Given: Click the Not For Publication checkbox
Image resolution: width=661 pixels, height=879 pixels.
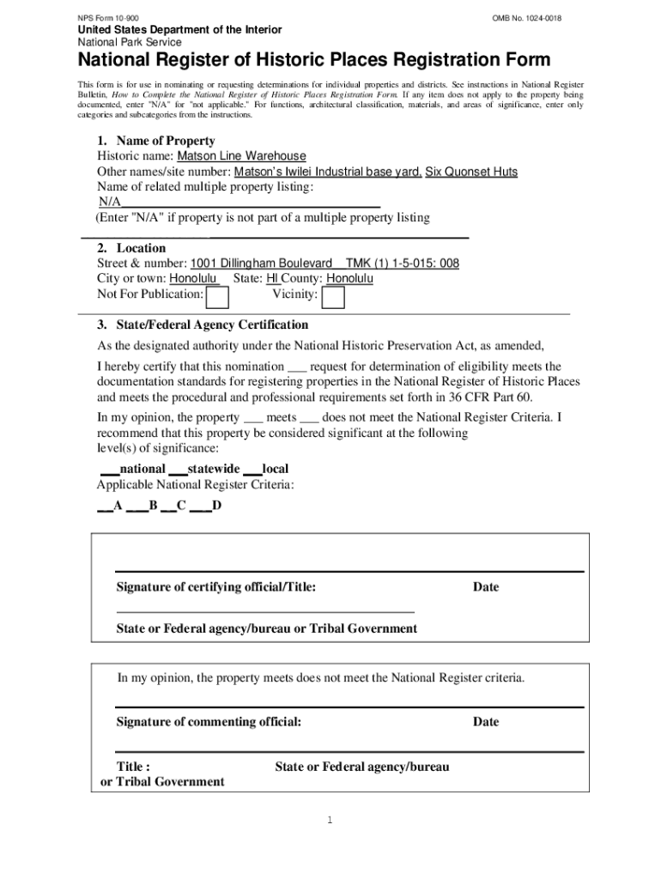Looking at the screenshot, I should tap(218, 297).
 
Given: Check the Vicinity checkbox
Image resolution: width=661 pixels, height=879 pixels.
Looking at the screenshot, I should tap(333, 297).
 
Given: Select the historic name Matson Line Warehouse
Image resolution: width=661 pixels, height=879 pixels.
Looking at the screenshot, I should tap(241, 156).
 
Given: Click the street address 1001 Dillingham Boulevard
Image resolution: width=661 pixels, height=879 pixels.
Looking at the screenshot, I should tap(261, 264).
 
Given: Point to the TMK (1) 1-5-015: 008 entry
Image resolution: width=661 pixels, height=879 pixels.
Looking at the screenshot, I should tap(402, 264).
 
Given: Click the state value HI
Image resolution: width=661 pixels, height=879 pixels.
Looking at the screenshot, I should tap(272, 279).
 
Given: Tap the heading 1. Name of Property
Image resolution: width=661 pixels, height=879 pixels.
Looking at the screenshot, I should tap(155, 141).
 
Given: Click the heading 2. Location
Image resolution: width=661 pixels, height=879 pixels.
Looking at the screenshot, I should tap(131, 248).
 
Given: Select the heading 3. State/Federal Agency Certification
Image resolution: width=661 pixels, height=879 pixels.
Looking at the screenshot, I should tap(202, 325).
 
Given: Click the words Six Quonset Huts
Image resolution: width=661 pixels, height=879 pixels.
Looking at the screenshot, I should tap(471, 172).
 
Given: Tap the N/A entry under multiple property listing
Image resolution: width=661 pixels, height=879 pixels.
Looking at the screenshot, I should tap(109, 202).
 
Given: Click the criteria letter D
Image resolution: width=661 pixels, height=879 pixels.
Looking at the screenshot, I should tap(217, 506).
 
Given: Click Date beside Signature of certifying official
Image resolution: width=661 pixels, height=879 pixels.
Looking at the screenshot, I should tap(485, 587).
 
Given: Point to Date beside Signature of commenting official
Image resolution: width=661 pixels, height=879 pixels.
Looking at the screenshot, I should tap(485, 722).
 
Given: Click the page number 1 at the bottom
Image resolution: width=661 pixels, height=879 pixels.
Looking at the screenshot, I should tap(329, 821).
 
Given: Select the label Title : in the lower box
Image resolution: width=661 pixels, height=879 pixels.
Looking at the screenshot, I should tap(134, 767).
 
